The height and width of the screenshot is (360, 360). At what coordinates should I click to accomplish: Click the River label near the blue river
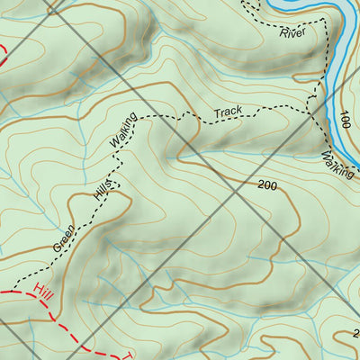tap(292, 34)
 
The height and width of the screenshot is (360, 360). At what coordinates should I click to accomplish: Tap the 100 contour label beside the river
tap(345, 120)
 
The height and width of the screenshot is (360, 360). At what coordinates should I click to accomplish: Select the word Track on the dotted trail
tap(228, 112)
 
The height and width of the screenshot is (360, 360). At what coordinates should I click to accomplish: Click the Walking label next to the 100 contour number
tap(337, 165)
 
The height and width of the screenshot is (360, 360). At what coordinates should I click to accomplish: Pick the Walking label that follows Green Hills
tap(121, 131)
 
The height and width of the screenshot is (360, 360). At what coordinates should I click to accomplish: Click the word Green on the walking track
tap(65, 236)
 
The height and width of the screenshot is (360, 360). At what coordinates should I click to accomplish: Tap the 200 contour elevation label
tap(266, 185)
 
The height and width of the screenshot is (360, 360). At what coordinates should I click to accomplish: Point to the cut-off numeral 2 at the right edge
tap(355, 334)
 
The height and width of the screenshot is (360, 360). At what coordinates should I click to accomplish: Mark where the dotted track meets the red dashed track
tap(15, 290)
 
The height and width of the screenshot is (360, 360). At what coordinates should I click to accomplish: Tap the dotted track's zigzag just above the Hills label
tap(114, 174)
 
